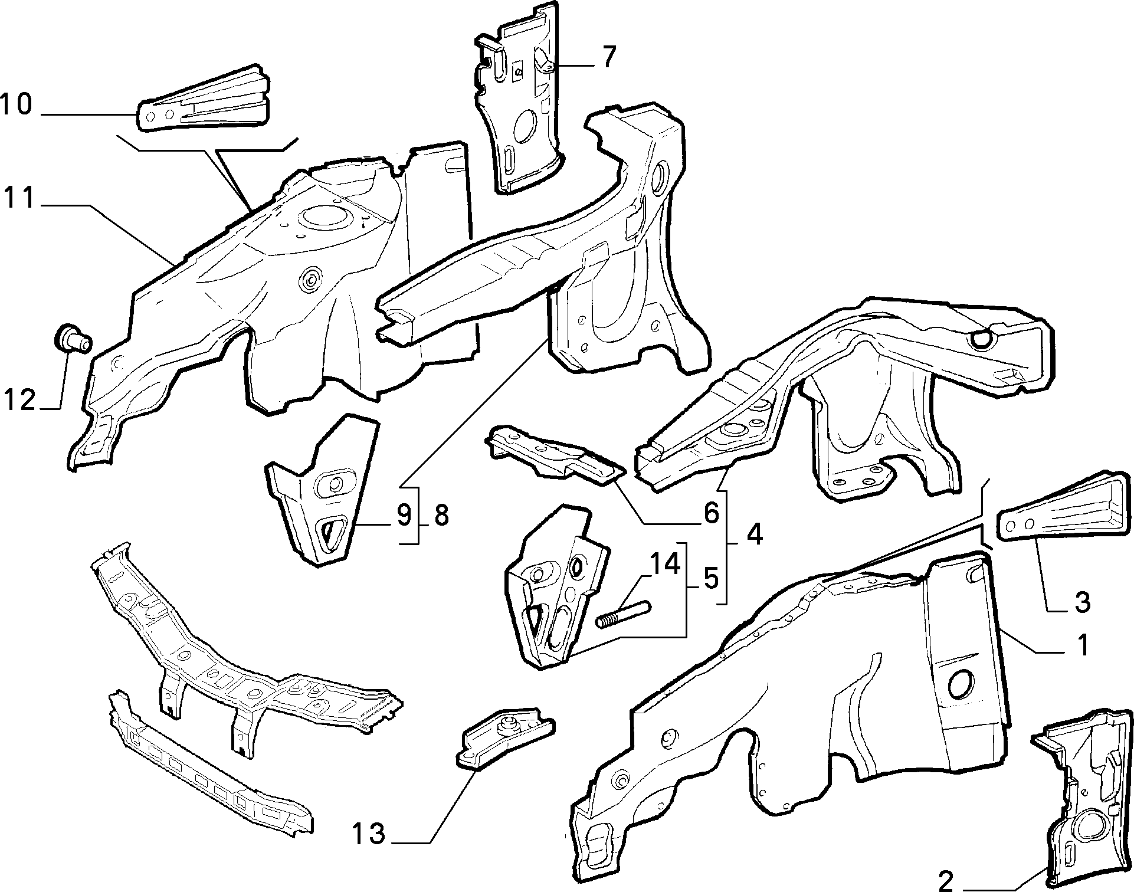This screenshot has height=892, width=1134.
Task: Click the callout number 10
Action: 16,106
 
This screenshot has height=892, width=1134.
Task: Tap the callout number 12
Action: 21,401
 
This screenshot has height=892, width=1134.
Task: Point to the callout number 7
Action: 609,57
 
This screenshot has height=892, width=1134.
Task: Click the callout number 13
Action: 369,834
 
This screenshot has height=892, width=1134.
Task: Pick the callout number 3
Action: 1081,603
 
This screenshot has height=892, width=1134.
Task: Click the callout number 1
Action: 1082,645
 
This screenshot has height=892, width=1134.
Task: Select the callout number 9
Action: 404,516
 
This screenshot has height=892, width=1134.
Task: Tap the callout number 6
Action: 712,513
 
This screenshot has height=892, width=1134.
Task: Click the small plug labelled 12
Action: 73,339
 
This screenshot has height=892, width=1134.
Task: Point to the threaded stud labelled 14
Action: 623,614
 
